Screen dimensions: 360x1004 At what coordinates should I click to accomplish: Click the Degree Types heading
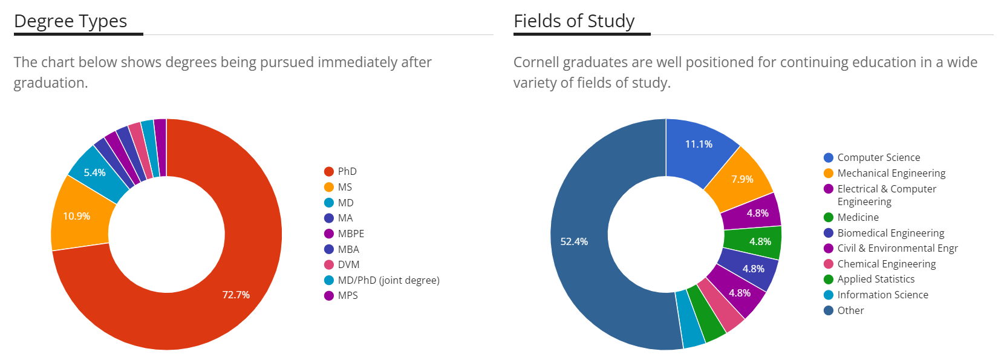click(70, 21)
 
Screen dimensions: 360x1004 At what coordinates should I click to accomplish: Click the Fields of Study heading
click(573, 21)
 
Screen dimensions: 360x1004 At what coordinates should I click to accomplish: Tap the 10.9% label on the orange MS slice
click(77, 216)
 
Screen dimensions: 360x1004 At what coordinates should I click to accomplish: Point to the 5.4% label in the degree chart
click(94, 172)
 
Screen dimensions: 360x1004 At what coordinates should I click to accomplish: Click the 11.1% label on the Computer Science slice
click(699, 144)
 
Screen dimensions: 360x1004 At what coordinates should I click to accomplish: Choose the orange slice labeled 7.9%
click(742, 179)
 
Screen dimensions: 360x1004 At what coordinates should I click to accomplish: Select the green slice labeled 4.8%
click(760, 241)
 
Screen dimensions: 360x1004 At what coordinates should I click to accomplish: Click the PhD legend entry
click(347, 171)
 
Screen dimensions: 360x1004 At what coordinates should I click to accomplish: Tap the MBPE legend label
click(351, 234)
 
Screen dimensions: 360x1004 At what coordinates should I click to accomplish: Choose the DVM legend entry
click(348, 264)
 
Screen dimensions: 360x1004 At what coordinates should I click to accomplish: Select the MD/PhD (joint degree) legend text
click(388, 280)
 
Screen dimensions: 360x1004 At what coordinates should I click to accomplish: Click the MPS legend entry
click(348, 295)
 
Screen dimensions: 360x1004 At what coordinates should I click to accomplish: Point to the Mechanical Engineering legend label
click(891, 173)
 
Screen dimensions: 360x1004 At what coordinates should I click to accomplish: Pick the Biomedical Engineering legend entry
click(890, 233)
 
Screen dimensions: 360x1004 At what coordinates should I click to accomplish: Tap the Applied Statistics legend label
click(876, 279)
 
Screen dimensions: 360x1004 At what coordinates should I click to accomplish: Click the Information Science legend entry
click(882, 295)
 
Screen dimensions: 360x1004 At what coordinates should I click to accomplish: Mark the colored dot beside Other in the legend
click(829, 310)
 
